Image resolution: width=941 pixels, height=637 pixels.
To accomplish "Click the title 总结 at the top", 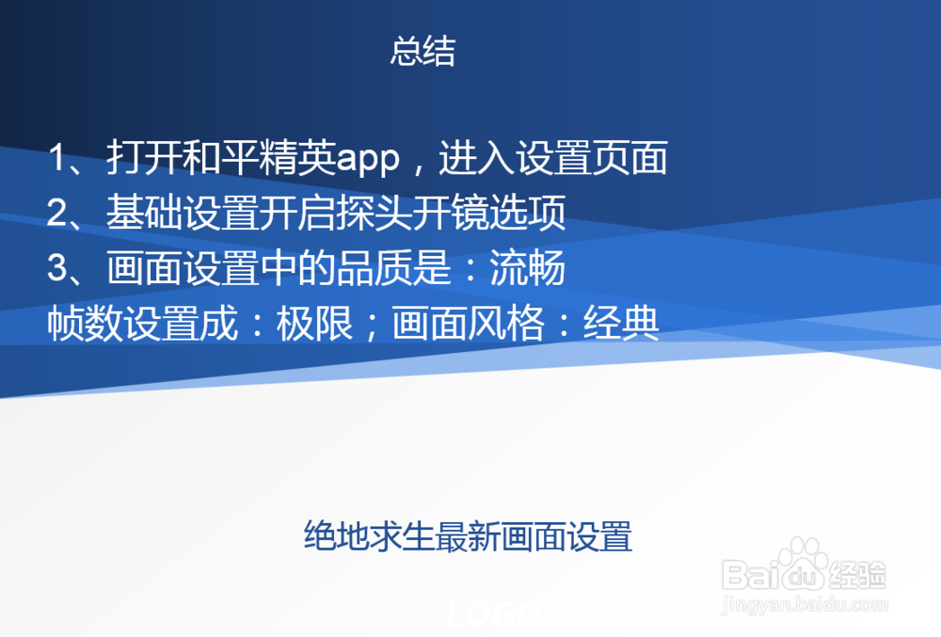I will coord(423,52).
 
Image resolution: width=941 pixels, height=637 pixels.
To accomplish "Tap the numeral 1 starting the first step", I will coord(58,158).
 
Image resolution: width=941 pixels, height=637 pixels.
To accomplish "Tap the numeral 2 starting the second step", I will coord(58,214).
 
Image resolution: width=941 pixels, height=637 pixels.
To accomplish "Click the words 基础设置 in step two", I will coord(182,214).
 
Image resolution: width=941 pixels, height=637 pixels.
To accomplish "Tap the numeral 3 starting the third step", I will coord(58,269).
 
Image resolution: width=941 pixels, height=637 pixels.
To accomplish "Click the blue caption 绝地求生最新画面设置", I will coord(468,535).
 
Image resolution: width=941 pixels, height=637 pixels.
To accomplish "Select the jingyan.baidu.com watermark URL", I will coord(805,604).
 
